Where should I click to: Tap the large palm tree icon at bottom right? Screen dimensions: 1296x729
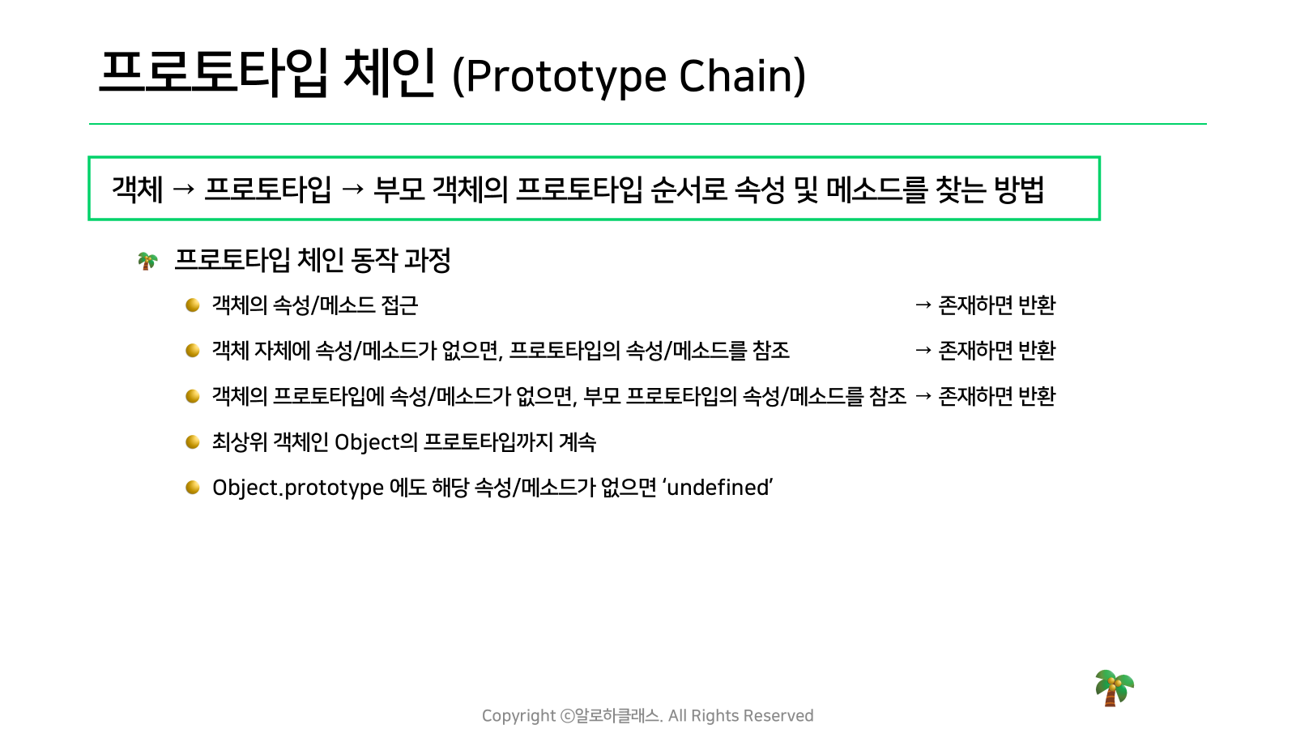[x=1115, y=688]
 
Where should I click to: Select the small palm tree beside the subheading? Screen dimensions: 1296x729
[x=147, y=261]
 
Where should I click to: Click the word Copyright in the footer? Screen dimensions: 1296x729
[x=519, y=716]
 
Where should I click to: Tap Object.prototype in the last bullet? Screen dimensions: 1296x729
[x=298, y=488]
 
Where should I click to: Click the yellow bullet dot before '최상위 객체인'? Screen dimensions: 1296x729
[x=193, y=442]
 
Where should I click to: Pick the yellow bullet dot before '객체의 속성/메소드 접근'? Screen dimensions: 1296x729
[x=193, y=305]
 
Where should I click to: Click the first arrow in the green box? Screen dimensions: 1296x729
[x=183, y=190]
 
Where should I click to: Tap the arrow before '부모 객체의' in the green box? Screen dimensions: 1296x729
[x=352, y=190]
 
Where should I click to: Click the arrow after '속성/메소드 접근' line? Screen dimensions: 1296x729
[x=923, y=305]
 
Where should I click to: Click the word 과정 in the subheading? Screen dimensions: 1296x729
[x=427, y=260]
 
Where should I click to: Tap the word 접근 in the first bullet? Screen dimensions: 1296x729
[x=399, y=305]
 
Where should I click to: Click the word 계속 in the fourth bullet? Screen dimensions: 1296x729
[x=578, y=442]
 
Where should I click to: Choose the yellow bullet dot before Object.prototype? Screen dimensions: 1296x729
[x=193, y=488]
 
